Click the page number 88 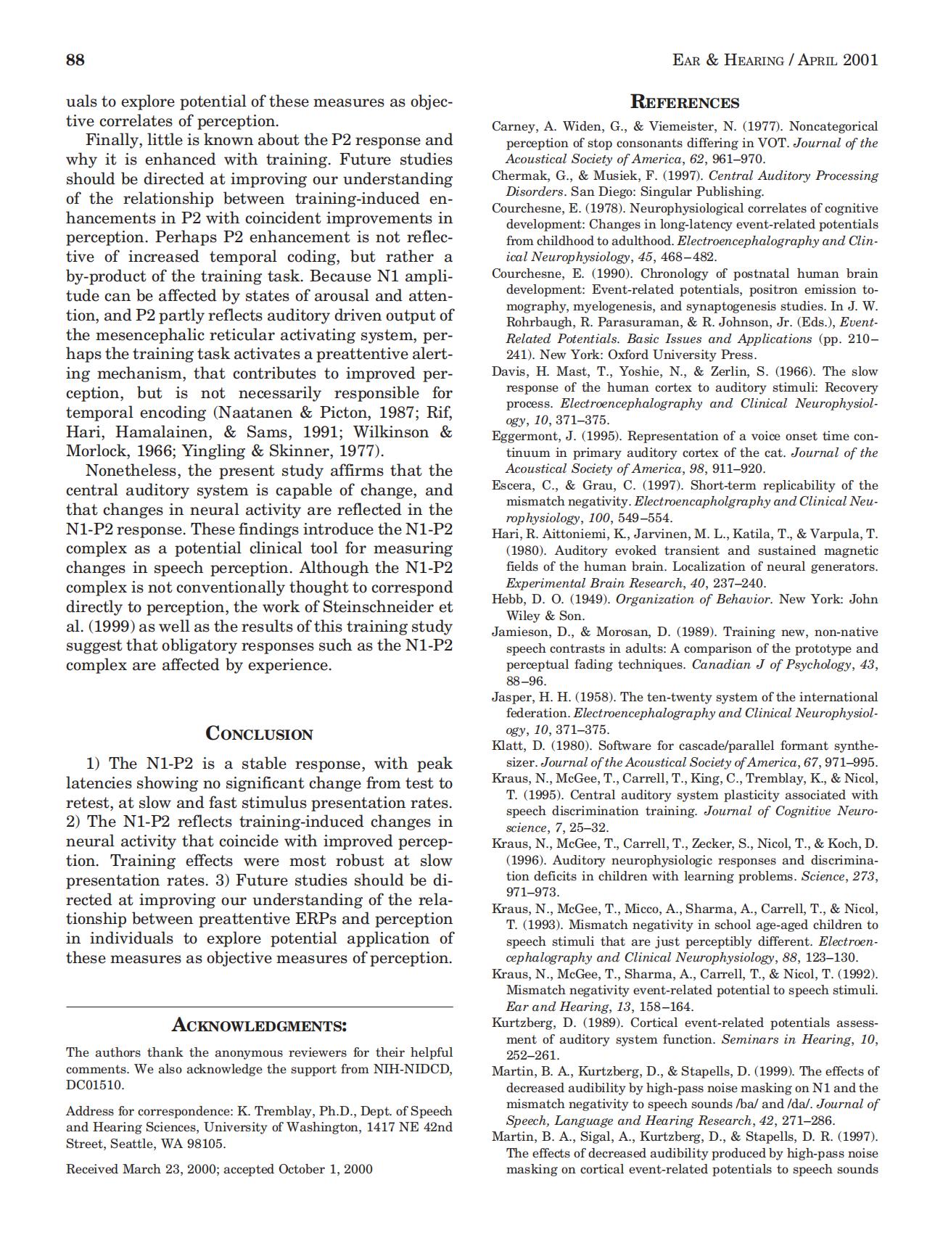click(x=75, y=59)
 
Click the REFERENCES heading click(x=685, y=102)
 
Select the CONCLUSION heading click(x=260, y=733)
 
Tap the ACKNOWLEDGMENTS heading click(x=259, y=1025)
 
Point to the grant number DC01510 click(x=94, y=1085)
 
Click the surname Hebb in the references click(x=506, y=599)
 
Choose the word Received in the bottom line click(x=91, y=1168)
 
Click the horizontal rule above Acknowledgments click(x=259, y=1007)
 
